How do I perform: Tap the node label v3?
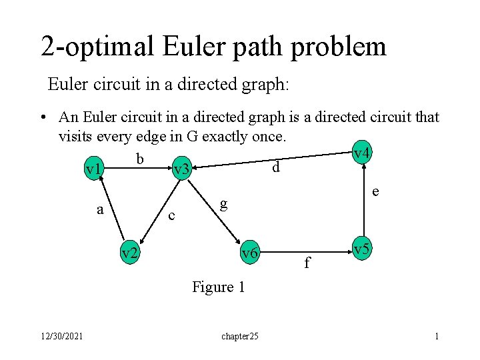[181, 171]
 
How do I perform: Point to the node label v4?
[362, 154]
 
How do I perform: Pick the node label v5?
[362, 250]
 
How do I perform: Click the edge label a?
[100, 209]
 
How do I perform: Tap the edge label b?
[139, 159]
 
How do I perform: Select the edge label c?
[172, 215]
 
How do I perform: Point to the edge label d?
[275, 168]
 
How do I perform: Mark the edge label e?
[376, 192]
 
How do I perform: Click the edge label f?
[307, 263]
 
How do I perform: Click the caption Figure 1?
[219, 287]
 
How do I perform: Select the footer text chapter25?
[240, 337]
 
